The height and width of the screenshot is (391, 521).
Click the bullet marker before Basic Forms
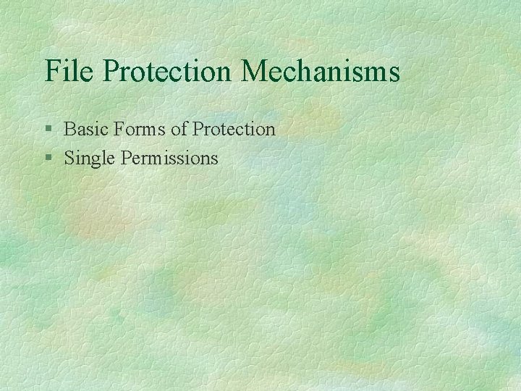(48, 130)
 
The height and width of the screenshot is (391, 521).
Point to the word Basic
(84, 130)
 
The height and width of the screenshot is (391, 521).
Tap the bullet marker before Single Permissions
(48, 158)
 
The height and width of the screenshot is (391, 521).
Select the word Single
(88, 158)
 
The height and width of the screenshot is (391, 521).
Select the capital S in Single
(69, 157)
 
